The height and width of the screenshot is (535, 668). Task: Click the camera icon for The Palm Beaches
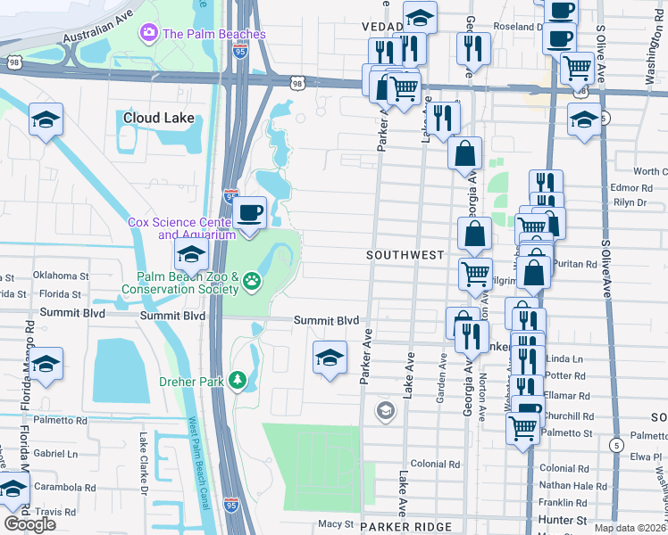pos(149,34)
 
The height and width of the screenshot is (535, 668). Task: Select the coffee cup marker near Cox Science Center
pos(250,213)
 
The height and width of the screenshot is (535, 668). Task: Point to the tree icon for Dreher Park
pos(238,381)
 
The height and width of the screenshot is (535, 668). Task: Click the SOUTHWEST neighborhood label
pos(405,255)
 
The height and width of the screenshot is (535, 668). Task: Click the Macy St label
pos(337,524)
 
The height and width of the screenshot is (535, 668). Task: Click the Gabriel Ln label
pos(55,454)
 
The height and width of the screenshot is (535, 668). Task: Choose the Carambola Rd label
pos(66,488)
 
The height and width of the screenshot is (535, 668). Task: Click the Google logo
pos(29,524)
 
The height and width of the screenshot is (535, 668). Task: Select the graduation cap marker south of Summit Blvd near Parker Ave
pos(330,358)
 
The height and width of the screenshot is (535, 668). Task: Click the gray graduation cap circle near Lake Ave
pos(386,410)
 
